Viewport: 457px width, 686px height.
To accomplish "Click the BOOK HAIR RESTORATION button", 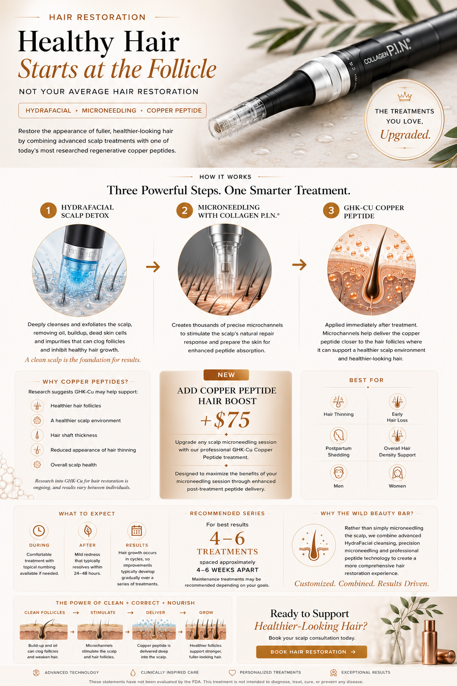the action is click(312, 652).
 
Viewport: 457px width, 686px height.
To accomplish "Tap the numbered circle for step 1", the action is click(48, 211).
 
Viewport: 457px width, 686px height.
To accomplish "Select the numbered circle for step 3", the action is click(331, 211).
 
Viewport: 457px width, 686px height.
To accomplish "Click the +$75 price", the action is click(225, 419).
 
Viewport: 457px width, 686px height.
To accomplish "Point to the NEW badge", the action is click(226, 375).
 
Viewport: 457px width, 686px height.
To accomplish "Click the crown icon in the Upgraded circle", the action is click(405, 96).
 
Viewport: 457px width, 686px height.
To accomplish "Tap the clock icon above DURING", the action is click(39, 531).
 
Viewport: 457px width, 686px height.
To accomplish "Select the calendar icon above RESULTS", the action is click(137, 531).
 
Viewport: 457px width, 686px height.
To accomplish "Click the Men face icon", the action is click(339, 473).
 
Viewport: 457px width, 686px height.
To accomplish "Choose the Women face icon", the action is click(397, 473).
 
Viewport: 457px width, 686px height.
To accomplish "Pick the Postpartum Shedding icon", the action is click(339, 435).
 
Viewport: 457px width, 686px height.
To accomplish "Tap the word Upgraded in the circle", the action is click(405, 135).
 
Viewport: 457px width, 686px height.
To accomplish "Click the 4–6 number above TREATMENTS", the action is click(227, 538).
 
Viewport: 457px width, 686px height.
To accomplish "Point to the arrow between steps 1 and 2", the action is click(153, 267).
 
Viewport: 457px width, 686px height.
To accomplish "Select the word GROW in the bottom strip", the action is click(206, 612).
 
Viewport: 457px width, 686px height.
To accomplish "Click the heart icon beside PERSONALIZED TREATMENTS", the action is click(233, 673).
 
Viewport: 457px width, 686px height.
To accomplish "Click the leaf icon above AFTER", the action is click(87, 531).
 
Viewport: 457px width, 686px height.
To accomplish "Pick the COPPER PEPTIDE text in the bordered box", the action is click(174, 111).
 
